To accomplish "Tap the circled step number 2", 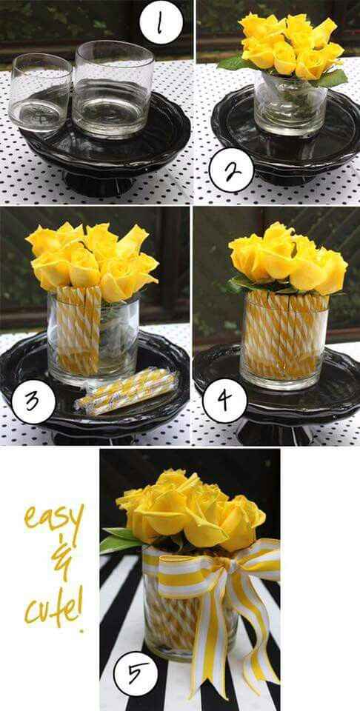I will pyautogui.click(x=230, y=172).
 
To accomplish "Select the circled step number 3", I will pyautogui.click(x=33, y=403).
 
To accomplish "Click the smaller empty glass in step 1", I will pyautogui.click(x=40, y=92).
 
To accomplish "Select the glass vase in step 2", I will pyautogui.click(x=285, y=104).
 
